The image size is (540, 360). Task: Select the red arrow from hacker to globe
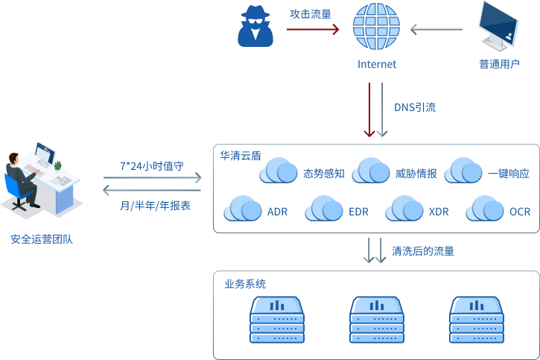click(x=312, y=30)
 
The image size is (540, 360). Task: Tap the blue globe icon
click(x=376, y=28)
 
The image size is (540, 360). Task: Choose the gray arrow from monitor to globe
click(x=435, y=30)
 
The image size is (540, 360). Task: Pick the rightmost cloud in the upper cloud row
click(x=464, y=171)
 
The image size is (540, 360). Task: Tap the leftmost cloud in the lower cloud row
click(x=243, y=208)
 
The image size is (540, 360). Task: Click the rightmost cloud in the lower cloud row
click(x=485, y=208)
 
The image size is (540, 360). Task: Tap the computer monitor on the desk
click(x=44, y=154)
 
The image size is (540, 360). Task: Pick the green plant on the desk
click(x=58, y=163)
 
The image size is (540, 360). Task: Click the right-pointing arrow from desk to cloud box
click(x=152, y=177)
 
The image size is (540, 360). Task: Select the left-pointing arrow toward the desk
click(x=152, y=191)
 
